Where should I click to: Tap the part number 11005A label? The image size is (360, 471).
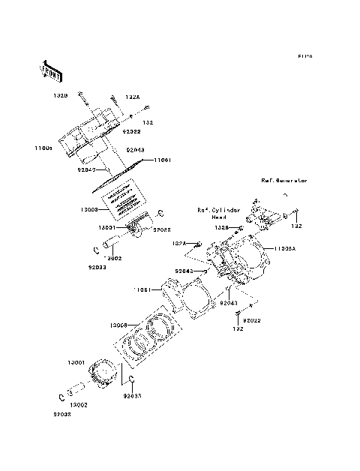point(286,247)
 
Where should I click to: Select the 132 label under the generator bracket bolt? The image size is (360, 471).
point(298,226)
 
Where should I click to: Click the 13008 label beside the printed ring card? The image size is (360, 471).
point(89,211)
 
